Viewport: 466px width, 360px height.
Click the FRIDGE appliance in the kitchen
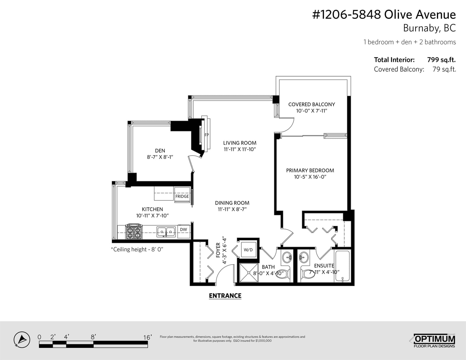182,195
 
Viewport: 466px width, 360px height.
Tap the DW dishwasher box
184,231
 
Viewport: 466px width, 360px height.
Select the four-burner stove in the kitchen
134,232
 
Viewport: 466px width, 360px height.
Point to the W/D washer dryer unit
248,250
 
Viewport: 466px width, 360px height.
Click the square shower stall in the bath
249,273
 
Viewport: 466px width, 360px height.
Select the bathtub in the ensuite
343,266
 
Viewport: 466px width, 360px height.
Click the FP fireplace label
207,135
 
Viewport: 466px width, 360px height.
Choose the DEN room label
160,151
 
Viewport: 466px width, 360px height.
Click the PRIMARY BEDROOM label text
310,170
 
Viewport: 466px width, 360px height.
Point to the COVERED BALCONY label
312,104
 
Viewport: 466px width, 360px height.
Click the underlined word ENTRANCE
225,296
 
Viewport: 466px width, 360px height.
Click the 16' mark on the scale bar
148,337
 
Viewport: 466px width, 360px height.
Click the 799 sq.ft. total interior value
441,60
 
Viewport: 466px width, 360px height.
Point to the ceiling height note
137,249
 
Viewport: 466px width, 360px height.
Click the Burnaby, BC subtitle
429,28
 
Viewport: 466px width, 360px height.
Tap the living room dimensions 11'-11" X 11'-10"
240,149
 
